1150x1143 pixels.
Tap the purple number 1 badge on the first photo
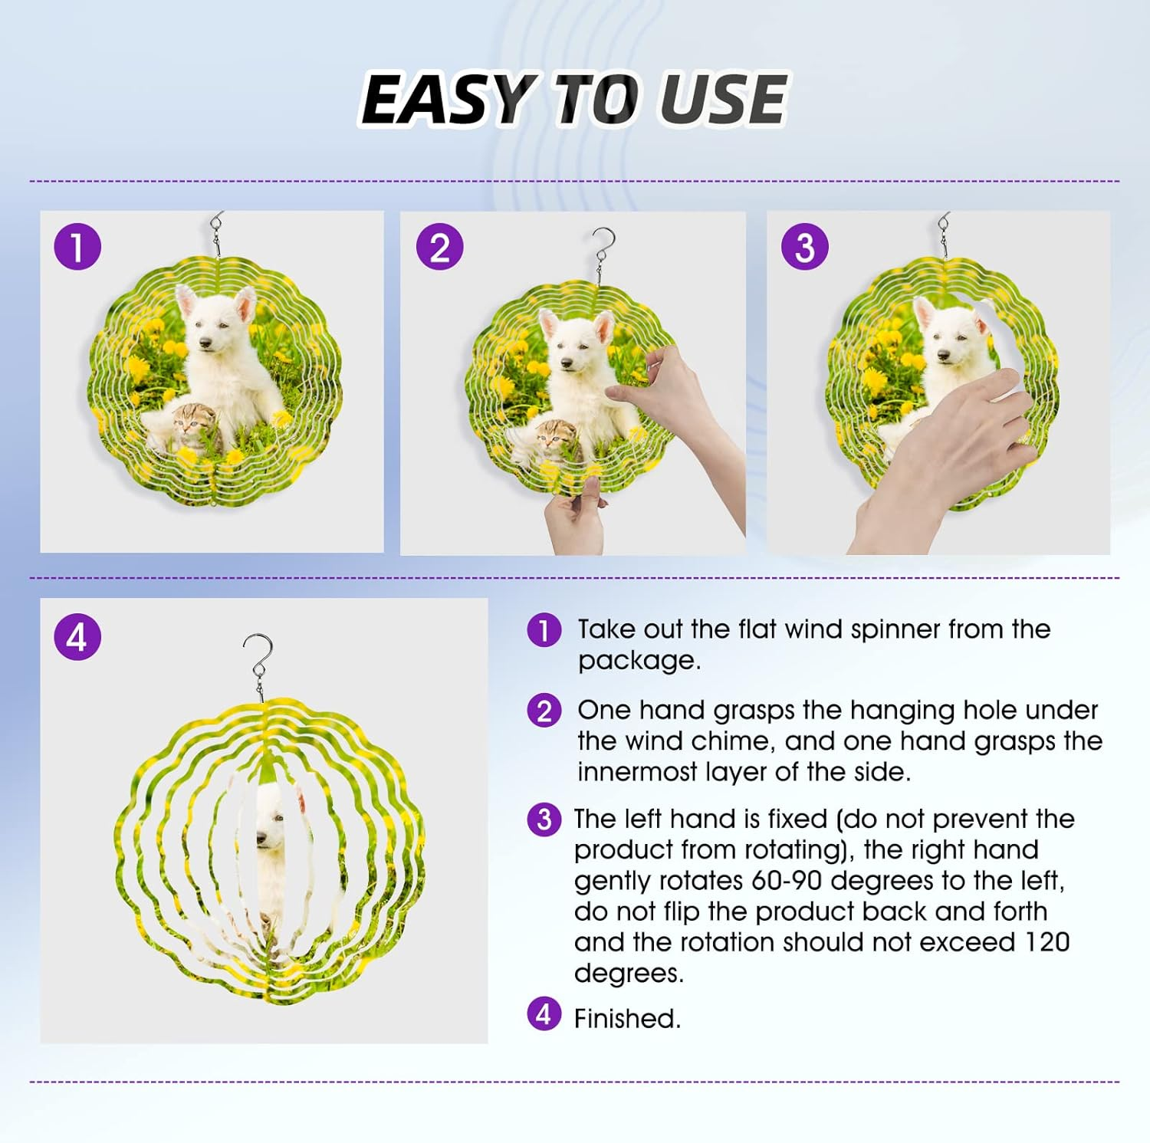(77, 247)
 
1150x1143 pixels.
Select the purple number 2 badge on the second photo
(439, 247)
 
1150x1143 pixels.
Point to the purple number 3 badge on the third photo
(804, 247)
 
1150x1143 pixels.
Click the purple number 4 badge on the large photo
(77, 637)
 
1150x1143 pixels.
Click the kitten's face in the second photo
(554, 440)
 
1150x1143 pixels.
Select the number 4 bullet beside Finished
(544, 1015)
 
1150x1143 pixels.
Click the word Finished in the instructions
(627, 1019)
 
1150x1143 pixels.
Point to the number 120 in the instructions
(1046, 941)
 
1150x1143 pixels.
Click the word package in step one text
(639, 661)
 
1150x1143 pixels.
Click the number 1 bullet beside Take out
(544, 630)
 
